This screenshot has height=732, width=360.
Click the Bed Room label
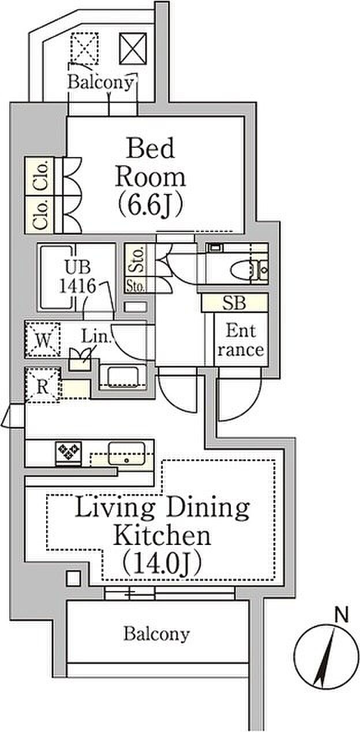coord(150,163)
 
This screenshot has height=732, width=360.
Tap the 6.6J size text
coord(150,204)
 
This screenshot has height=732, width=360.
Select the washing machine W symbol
coord(43,339)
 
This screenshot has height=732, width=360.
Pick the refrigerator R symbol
coord(42,386)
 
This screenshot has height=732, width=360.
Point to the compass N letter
coord(342,616)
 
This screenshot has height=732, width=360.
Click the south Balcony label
coord(156,634)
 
